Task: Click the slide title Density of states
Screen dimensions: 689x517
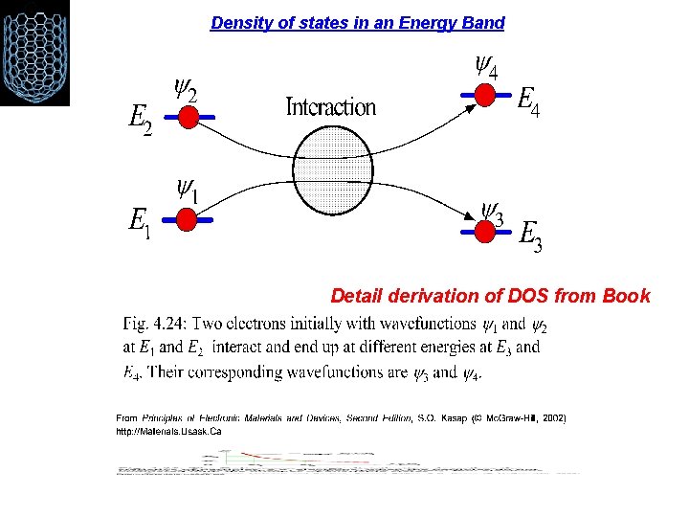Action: click(x=357, y=22)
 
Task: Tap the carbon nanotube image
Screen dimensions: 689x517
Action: click(x=34, y=52)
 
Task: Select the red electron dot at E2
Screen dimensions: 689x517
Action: click(x=189, y=117)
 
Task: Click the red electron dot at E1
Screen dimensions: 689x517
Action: click(x=188, y=219)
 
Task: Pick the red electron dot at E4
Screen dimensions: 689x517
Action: click(x=485, y=94)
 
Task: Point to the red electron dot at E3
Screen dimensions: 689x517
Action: click(x=486, y=229)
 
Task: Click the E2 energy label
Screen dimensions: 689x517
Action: click(x=140, y=121)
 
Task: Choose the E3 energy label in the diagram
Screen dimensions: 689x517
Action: click(x=531, y=236)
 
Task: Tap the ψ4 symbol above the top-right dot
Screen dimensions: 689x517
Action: click(x=485, y=67)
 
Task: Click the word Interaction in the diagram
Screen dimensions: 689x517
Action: click(x=331, y=106)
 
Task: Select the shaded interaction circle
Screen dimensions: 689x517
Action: click(x=330, y=172)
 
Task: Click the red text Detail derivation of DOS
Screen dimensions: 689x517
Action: click(x=490, y=296)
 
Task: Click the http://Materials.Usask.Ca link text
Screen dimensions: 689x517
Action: click(x=168, y=432)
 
